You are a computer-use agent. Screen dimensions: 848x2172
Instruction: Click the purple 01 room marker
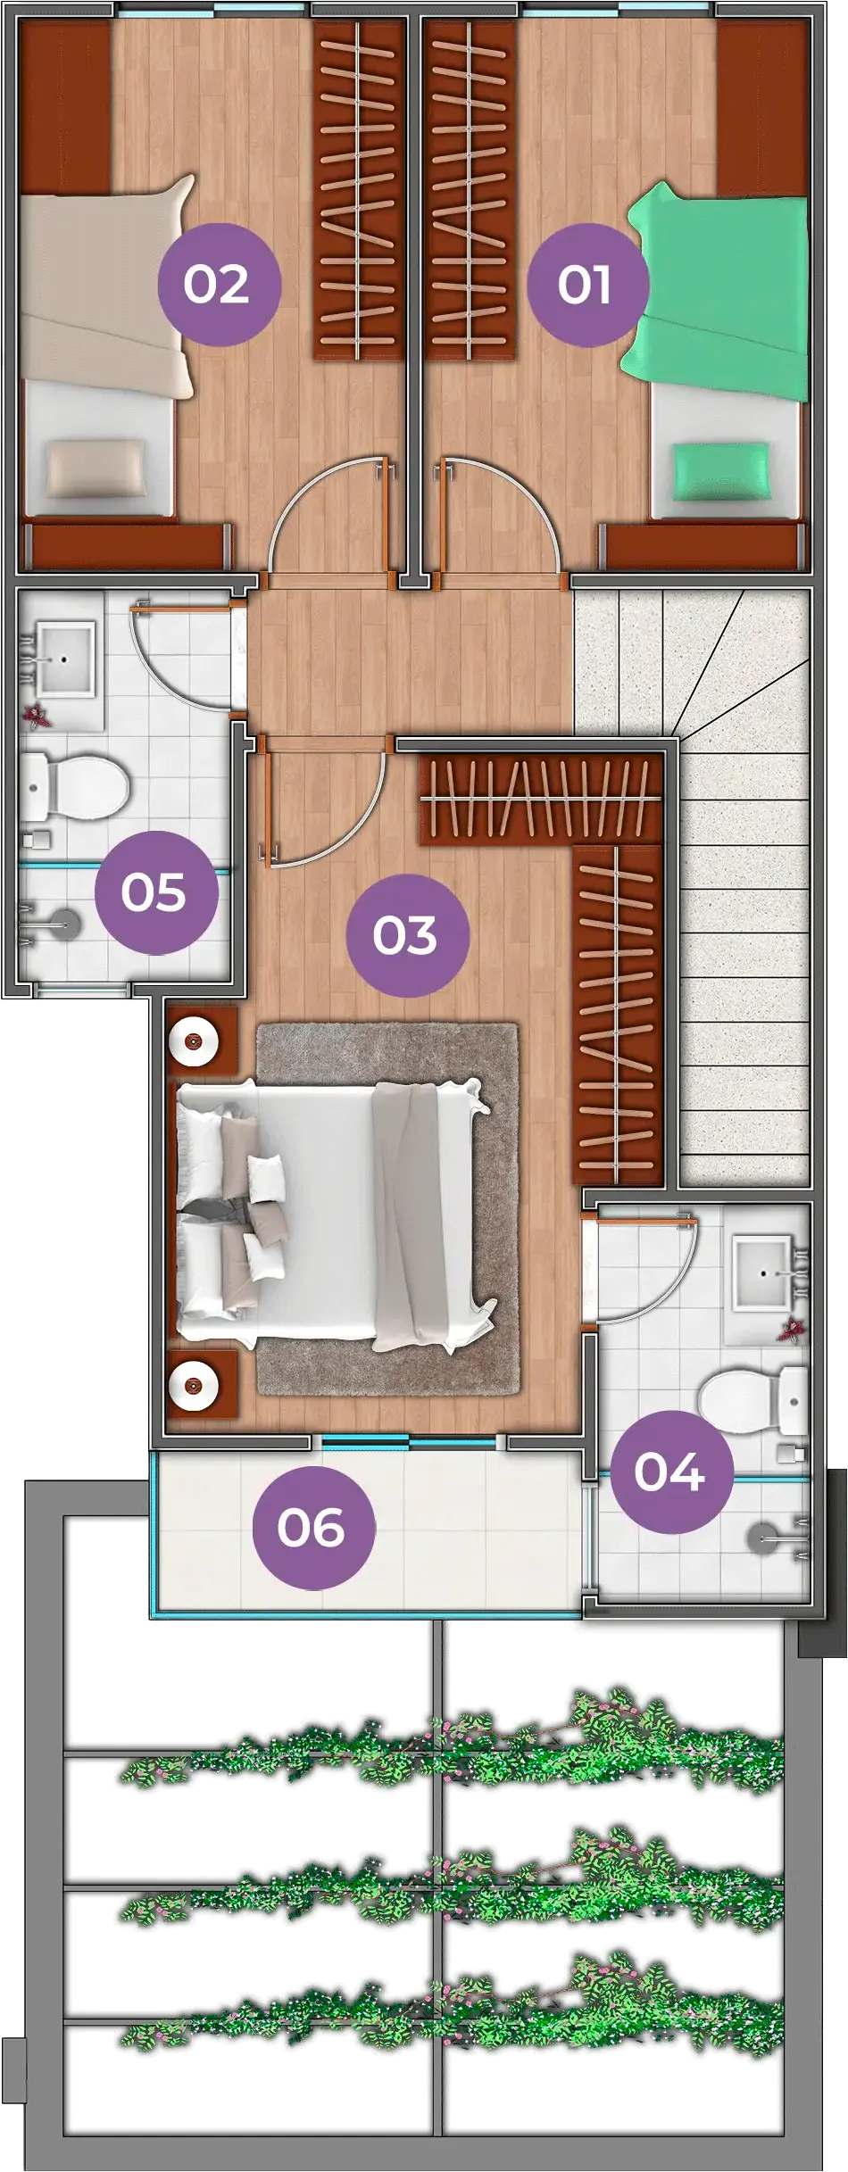pyautogui.click(x=585, y=285)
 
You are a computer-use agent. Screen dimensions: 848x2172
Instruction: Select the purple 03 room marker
pyautogui.click(x=406, y=935)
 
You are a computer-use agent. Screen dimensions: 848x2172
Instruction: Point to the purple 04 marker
pyautogui.click(x=670, y=1471)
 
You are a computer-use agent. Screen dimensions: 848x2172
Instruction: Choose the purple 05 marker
pyautogui.click(x=154, y=892)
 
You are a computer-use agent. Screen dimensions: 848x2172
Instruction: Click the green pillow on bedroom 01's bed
pyautogui.click(x=720, y=473)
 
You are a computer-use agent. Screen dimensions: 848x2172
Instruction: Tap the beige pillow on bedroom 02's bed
pyautogui.click(x=96, y=468)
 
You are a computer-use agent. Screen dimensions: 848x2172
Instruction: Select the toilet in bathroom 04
pyautogui.click(x=752, y=1400)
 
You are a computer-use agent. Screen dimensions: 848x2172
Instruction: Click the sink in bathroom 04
pyautogui.click(x=764, y=1273)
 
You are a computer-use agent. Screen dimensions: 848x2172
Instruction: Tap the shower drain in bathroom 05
pyautogui.click(x=64, y=923)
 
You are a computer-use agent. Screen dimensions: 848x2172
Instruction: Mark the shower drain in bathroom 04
pyautogui.click(x=766, y=1538)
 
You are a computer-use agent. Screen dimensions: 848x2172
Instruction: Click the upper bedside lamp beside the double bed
pyautogui.click(x=194, y=1040)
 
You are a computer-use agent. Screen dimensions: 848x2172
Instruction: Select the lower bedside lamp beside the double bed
pyautogui.click(x=194, y=1386)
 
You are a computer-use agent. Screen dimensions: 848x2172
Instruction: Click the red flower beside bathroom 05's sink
pyautogui.click(x=37, y=716)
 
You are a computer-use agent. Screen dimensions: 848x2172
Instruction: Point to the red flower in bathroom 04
pyautogui.click(x=791, y=1331)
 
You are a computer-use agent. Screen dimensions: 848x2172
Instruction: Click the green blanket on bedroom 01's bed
pyautogui.click(x=719, y=286)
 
